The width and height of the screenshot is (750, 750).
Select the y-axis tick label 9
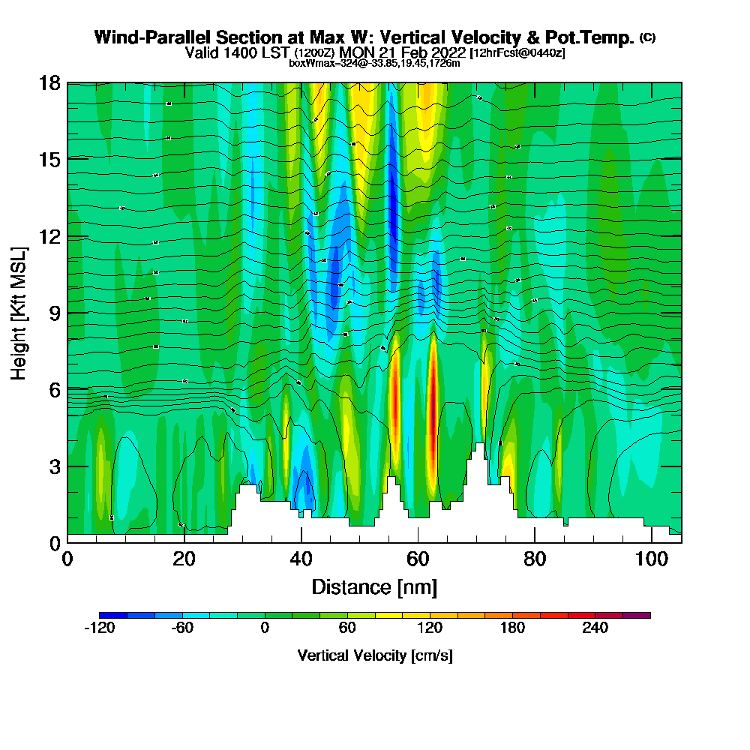point(55,313)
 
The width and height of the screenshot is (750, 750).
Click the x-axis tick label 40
point(301,559)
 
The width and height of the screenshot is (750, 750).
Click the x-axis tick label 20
point(184,559)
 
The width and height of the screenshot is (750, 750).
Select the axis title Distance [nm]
point(374,586)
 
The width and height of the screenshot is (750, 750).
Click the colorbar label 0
point(265,628)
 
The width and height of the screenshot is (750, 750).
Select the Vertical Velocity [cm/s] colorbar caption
point(374,655)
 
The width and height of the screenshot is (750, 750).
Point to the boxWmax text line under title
point(374,63)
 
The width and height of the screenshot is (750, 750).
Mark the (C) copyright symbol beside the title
point(647,37)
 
